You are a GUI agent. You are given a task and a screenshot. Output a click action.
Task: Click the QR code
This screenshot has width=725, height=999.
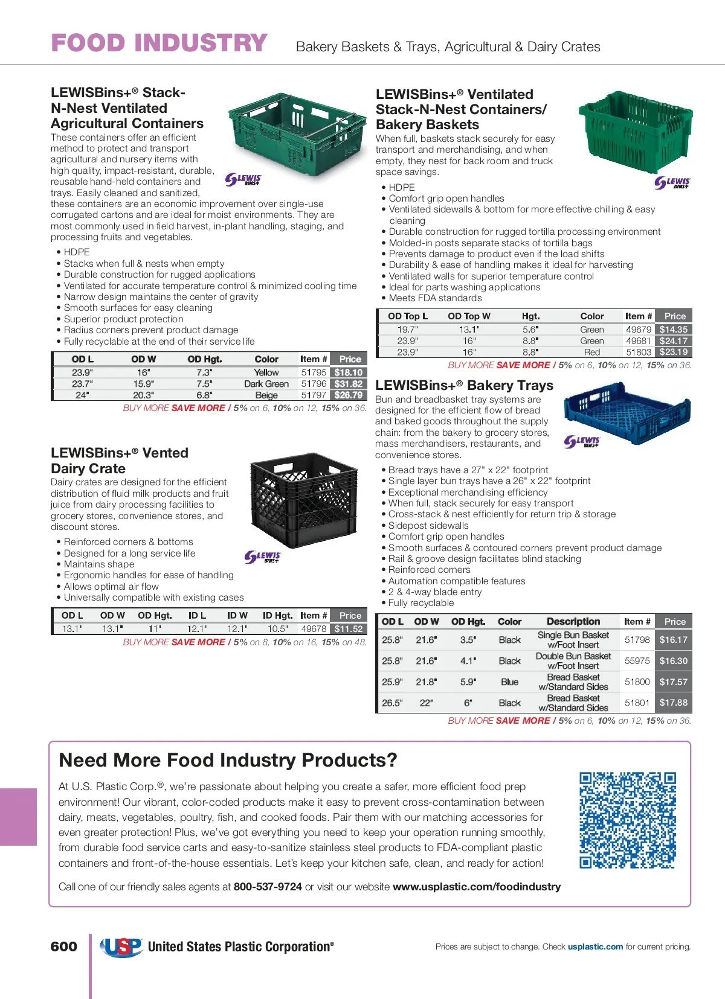tap(628, 820)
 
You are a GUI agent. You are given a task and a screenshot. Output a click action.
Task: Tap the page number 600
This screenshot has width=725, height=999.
tap(64, 946)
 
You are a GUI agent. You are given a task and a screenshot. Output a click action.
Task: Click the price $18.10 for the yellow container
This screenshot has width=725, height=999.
tap(349, 372)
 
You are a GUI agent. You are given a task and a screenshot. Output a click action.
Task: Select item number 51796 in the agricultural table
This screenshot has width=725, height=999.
tap(314, 384)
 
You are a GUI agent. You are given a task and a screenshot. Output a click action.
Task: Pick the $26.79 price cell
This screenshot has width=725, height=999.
tap(349, 395)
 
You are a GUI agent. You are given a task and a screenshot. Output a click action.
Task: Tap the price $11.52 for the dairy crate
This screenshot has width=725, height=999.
tap(349, 629)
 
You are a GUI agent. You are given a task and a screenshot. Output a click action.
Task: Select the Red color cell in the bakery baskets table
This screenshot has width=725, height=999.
tap(592, 352)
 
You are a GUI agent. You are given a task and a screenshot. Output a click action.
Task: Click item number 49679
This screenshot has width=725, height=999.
tap(639, 330)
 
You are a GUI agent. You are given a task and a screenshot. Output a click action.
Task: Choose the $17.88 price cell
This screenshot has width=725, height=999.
tap(674, 703)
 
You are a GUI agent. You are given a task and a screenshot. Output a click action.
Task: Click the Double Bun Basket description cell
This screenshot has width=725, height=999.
tap(573, 661)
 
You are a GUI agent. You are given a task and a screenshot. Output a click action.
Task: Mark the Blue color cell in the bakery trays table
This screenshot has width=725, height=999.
tap(509, 682)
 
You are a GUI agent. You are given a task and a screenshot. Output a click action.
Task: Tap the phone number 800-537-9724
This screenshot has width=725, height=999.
tap(268, 887)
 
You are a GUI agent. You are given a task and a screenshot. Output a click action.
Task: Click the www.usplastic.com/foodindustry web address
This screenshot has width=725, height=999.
tap(477, 887)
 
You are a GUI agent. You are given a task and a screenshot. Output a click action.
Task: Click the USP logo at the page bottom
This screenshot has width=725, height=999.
tap(121, 946)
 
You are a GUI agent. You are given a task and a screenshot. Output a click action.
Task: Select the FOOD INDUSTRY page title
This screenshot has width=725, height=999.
tap(159, 43)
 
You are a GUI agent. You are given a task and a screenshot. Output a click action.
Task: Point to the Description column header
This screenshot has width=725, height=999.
tap(573, 622)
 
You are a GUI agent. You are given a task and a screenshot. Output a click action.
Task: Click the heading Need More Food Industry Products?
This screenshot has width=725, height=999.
tap(228, 760)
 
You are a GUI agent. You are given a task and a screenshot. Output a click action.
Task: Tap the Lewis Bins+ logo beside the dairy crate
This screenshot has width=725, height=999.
tap(263, 557)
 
